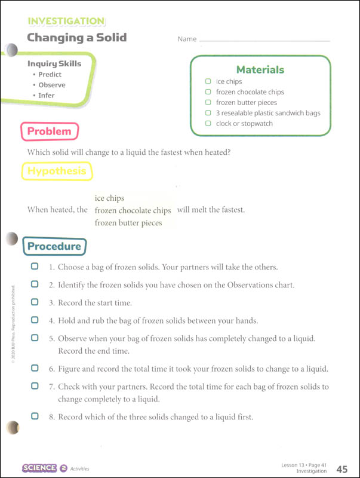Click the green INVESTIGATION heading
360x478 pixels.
[66, 22]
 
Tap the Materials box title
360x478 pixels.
[260, 69]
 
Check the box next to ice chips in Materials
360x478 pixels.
[208, 81]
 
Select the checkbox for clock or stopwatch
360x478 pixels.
[208, 124]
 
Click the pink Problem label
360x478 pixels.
[50, 131]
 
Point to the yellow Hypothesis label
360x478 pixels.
[57, 171]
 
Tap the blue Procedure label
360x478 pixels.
[54, 246]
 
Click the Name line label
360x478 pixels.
[187, 39]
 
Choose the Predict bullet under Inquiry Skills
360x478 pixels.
[50, 75]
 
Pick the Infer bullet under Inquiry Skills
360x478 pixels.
[46, 96]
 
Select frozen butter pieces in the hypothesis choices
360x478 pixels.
[128, 223]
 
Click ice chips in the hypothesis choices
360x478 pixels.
[109, 198]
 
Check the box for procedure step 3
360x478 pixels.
[35, 302]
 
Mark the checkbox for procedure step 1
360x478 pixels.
[35, 266]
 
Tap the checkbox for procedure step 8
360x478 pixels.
[35, 416]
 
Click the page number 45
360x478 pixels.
[342, 468]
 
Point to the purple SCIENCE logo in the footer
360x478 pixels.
[39, 468]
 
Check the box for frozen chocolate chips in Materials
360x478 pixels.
[208, 92]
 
